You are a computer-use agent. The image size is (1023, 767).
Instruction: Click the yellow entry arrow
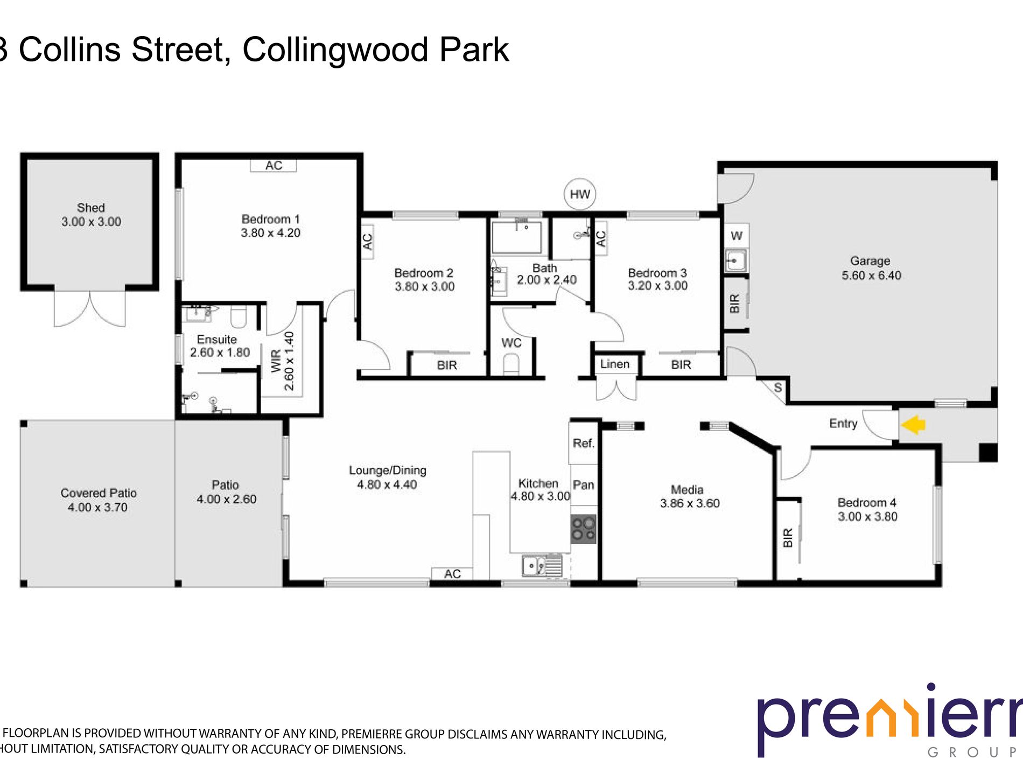point(913,425)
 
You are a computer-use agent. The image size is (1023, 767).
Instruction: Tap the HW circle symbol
point(580,194)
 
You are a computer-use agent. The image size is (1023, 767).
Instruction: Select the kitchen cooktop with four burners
point(584,529)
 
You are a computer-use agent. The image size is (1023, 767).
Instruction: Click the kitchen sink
point(541,566)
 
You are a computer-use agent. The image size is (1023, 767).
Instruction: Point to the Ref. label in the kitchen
point(583,443)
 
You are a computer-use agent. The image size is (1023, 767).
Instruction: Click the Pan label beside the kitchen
point(583,484)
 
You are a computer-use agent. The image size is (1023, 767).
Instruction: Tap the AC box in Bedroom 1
point(274,165)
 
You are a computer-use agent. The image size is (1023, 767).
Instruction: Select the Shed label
point(90,208)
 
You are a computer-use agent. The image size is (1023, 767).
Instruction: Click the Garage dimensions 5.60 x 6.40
point(871,276)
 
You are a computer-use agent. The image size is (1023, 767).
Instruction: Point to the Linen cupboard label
point(614,364)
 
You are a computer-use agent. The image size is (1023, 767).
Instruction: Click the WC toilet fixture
point(511,366)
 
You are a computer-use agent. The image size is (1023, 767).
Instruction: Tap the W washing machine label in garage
point(737,235)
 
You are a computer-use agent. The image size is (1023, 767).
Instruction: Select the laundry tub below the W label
point(735,261)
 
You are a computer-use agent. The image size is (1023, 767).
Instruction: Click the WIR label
point(276,361)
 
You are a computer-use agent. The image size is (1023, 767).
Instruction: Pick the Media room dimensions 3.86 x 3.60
point(690,503)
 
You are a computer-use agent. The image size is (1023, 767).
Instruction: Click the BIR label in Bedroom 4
point(788,538)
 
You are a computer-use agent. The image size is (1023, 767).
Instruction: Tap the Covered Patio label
point(99,492)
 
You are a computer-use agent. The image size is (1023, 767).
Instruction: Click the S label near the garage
point(777,388)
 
